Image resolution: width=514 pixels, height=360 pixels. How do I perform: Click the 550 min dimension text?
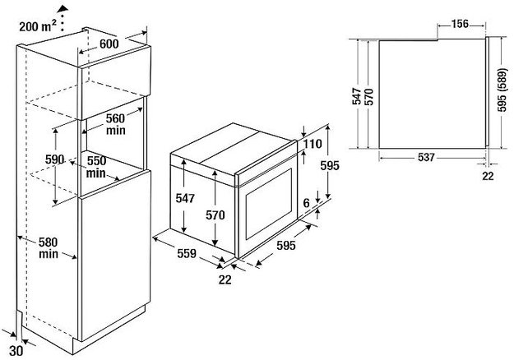[96, 168]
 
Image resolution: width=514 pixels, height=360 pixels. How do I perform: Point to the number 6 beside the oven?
[306, 203]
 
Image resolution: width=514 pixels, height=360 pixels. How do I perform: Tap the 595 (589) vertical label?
[502, 91]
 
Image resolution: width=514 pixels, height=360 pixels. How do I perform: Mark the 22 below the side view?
[488, 175]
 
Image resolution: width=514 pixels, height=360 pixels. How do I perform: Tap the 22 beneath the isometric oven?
[225, 280]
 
